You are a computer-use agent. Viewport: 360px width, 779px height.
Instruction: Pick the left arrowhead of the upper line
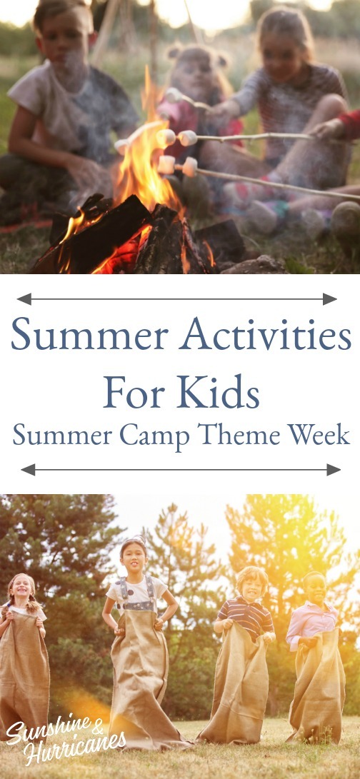[24, 298]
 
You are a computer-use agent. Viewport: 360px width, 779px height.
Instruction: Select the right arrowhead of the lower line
[334, 470]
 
